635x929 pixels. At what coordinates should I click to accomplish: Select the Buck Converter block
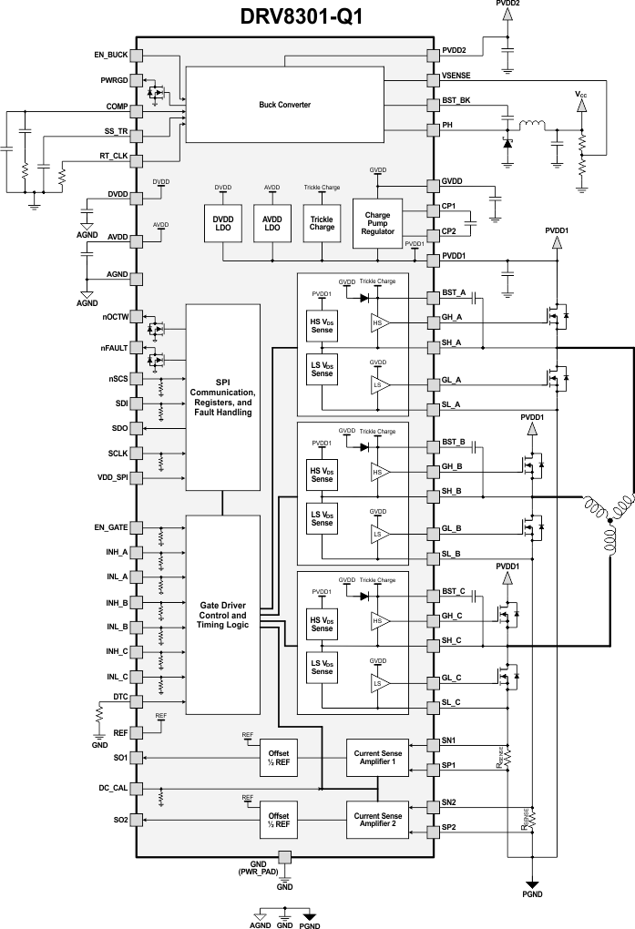pyautogui.click(x=285, y=105)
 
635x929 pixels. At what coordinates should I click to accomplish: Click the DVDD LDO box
pyautogui.click(x=223, y=222)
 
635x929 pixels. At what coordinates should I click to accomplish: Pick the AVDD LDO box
pyautogui.click(x=272, y=222)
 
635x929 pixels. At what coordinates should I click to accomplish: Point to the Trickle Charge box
pyautogui.click(x=322, y=222)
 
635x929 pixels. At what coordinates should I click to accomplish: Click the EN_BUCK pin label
pyautogui.click(x=111, y=55)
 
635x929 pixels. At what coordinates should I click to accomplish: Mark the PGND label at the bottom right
pyautogui.click(x=532, y=895)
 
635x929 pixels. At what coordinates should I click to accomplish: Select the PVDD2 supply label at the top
pyautogui.click(x=508, y=5)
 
